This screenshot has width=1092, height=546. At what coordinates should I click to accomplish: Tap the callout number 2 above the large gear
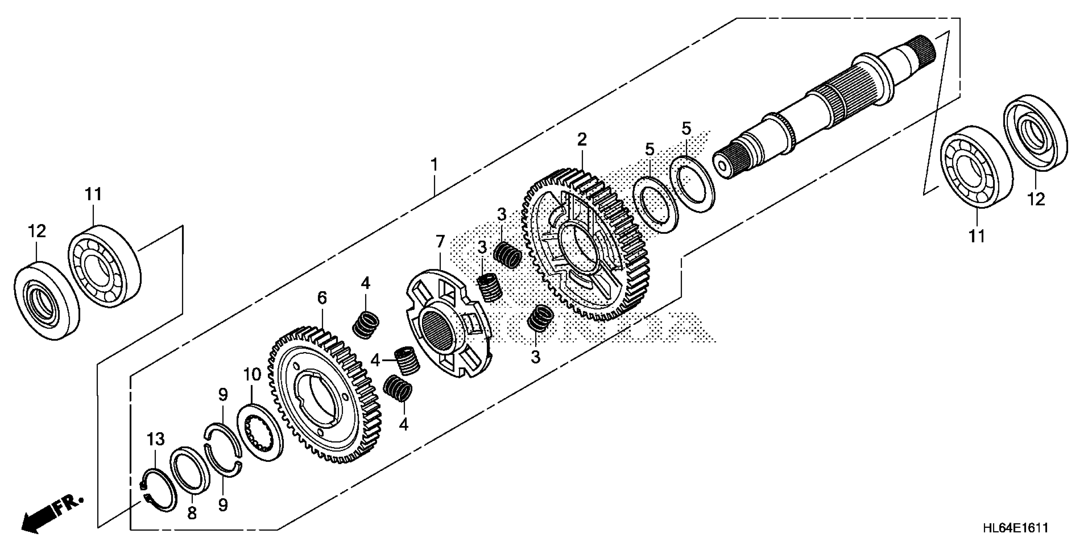582,139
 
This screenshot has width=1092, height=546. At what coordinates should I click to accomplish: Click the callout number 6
322,298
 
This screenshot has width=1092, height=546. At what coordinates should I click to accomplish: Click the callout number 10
252,375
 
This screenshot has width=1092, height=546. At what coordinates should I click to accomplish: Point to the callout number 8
192,513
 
